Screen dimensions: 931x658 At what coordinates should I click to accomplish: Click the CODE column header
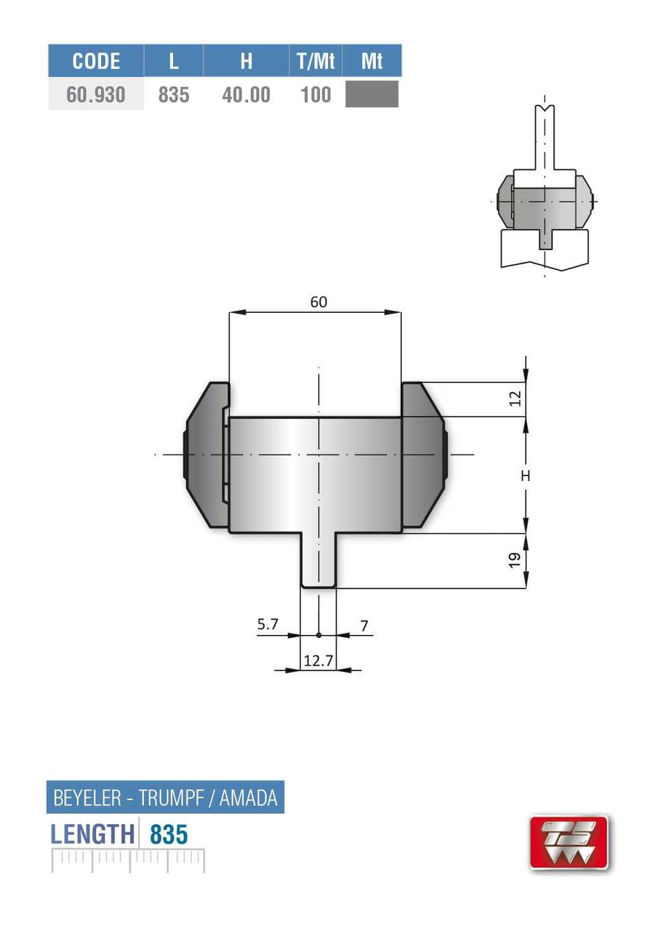pos(96,61)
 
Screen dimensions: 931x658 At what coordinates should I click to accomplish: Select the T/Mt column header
pos(316,61)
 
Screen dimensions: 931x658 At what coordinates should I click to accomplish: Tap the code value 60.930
pos(96,95)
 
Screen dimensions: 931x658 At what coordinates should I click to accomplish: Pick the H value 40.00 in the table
pos(246,95)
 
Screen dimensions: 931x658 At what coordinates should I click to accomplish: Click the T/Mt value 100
pos(316,95)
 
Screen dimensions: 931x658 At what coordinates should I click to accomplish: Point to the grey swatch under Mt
pos(372,95)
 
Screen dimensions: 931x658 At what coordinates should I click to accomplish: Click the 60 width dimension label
pos(318,302)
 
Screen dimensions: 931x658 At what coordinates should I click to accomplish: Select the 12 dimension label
pos(516,399)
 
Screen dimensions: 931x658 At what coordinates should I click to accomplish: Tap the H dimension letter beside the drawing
pos(526,476)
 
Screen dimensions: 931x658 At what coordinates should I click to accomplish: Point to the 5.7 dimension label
pos(267,625)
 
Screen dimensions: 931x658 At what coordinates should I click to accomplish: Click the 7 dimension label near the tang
pos(364,625)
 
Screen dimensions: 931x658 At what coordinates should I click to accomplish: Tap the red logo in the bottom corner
pos(568,842)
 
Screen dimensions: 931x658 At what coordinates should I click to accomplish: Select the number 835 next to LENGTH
pos(169,834)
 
